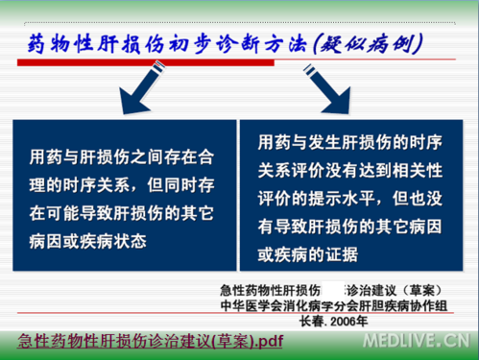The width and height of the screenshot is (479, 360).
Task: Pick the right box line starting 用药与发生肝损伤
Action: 348,142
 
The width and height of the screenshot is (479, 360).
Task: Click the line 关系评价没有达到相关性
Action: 348,170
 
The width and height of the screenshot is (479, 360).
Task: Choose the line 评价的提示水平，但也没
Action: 348,198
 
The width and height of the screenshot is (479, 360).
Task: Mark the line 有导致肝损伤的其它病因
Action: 348,226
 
